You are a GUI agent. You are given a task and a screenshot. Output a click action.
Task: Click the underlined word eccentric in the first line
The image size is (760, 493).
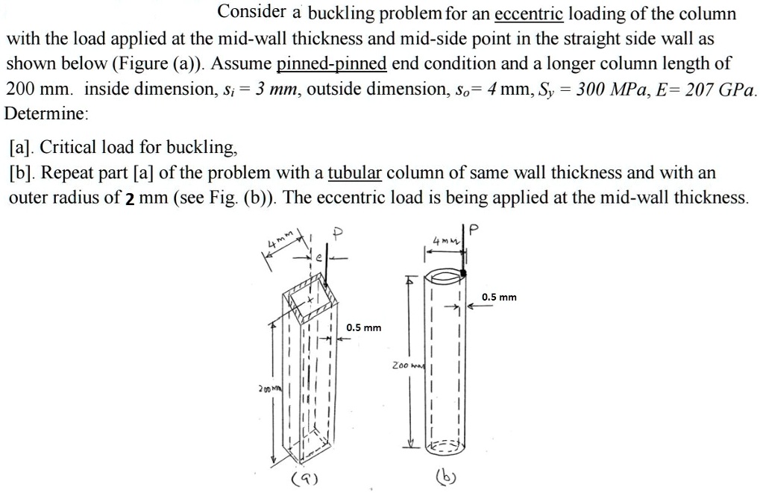click(x=528, y=13)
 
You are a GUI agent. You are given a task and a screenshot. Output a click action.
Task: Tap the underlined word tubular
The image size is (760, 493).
click(x=355, y=173)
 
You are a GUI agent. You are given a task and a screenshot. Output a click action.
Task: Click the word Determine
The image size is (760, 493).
click(x=46, y=114)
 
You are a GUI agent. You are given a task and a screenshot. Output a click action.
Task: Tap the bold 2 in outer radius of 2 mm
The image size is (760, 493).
click(x=131, y=198)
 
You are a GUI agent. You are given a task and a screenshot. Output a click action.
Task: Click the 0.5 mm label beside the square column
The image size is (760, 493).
click(x=364, y=327)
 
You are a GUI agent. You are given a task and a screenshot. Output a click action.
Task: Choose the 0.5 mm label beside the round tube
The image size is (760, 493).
click(x=499, y=298)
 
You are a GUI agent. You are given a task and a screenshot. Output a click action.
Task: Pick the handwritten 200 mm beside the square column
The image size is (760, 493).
click(x=265, y=389)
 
